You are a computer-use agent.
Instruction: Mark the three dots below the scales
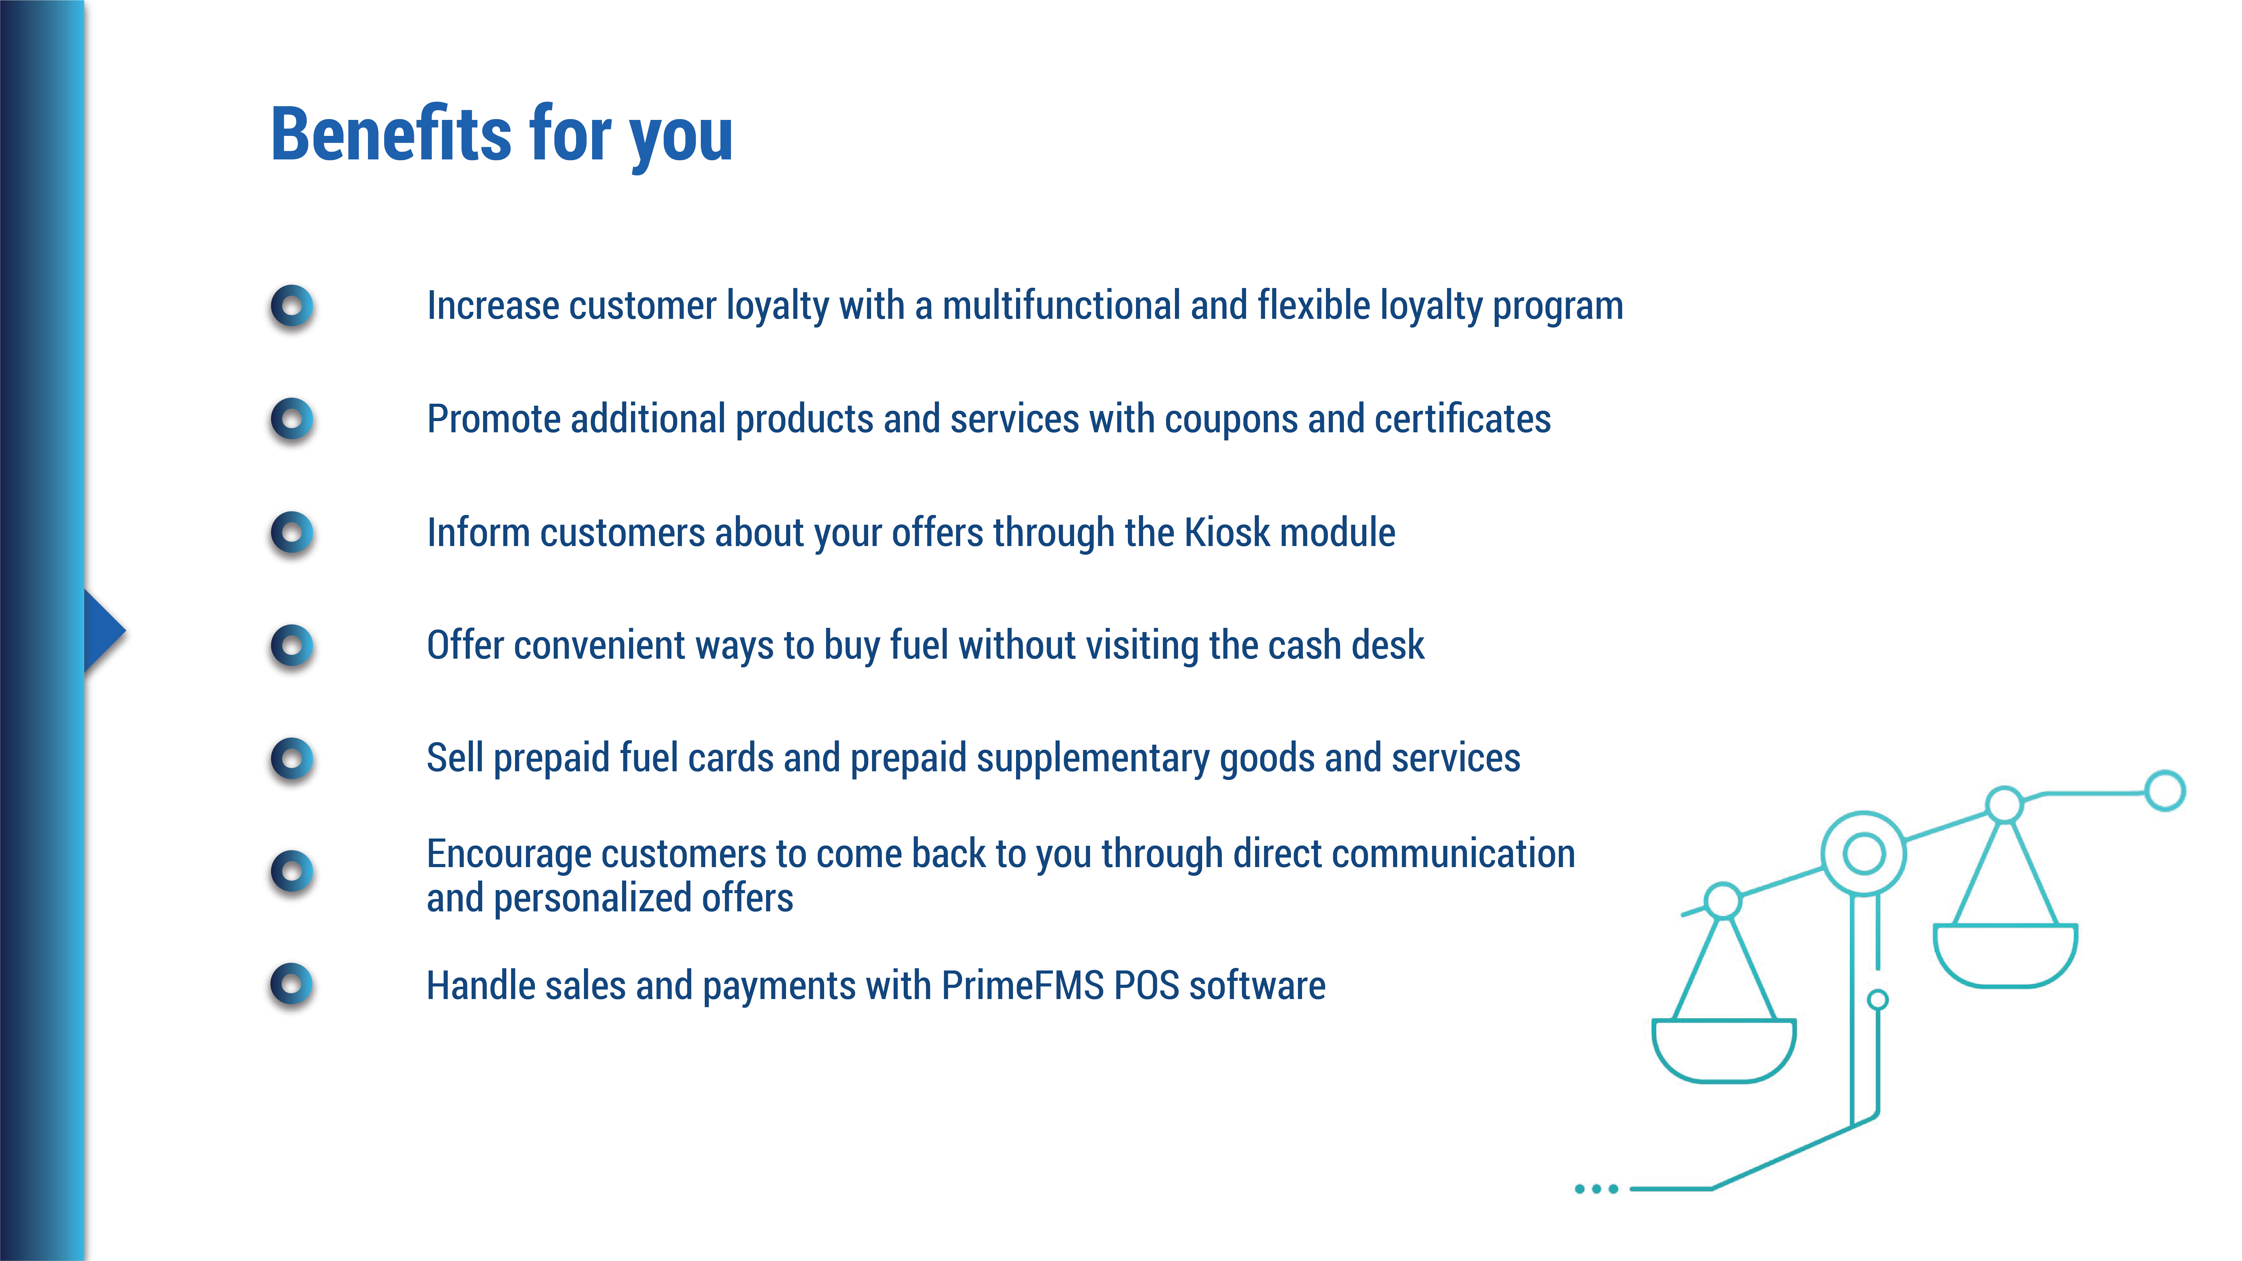tap(1596, 1189)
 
